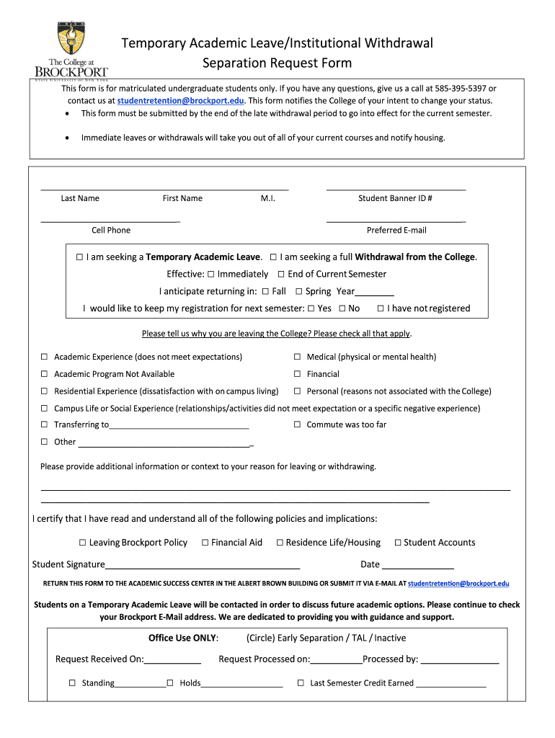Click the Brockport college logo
coord(71,50)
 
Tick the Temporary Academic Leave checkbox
coord(79,257)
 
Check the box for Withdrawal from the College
coord(273,257)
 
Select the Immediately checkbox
coord(210,275)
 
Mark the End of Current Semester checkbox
coord(281,275)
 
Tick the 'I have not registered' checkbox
coord(381,309)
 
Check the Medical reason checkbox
coord(296,357)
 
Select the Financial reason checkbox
coord(296,375)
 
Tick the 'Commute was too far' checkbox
coord(296,425)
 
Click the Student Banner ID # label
coord(395,199)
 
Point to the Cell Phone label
coord(111,231)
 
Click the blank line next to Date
coord(418,565)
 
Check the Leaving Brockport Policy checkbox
coord(83,543)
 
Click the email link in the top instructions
coord(181,101)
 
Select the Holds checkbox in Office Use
coord(170,683)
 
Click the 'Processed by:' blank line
coord(459,659)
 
